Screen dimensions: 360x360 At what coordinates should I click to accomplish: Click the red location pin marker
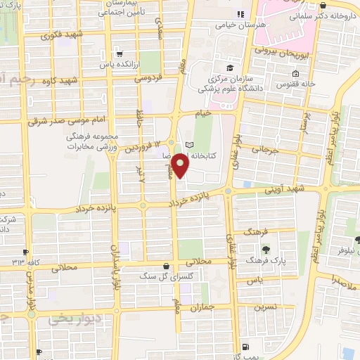click(x=181, y=165)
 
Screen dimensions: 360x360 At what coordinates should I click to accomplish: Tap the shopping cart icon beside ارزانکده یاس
click(x=120, y=53)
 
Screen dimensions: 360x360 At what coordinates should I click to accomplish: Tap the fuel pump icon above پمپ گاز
click(x=245, y=347)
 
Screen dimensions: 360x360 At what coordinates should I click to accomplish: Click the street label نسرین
click(x=265, y=306)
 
